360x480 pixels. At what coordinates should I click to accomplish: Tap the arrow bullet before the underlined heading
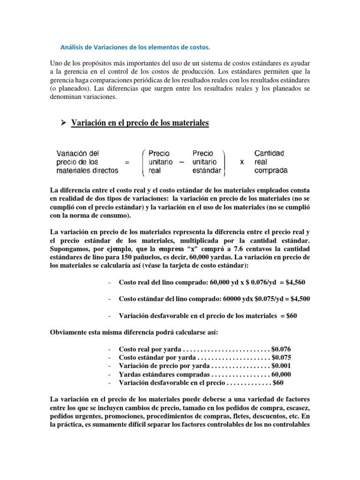[61, 123]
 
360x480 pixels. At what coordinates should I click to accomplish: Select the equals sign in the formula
[127, 162]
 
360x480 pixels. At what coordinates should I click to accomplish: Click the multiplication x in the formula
[241, 162]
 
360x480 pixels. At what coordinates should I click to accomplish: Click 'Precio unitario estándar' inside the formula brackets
[207, 162]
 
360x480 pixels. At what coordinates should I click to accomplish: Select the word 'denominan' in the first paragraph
[70, 97]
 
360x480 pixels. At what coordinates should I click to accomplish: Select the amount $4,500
[299, 299]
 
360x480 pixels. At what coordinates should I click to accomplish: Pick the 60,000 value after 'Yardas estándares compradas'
[281, 375]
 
